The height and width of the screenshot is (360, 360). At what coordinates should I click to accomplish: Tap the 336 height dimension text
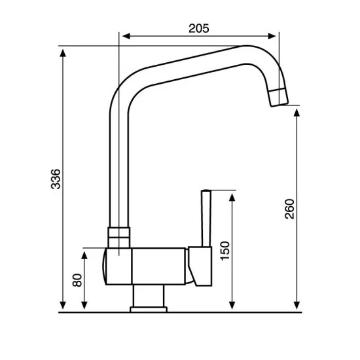coord(56,179)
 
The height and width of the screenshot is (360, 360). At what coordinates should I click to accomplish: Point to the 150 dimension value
coord(225,251)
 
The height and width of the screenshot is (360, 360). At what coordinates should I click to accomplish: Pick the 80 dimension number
coord(78,279)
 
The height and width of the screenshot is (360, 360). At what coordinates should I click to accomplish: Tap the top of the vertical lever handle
coord(206,192)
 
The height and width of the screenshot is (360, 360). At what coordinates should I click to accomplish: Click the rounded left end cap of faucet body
coord(106,268)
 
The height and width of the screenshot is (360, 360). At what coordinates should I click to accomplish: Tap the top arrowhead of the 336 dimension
coord(63,51)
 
